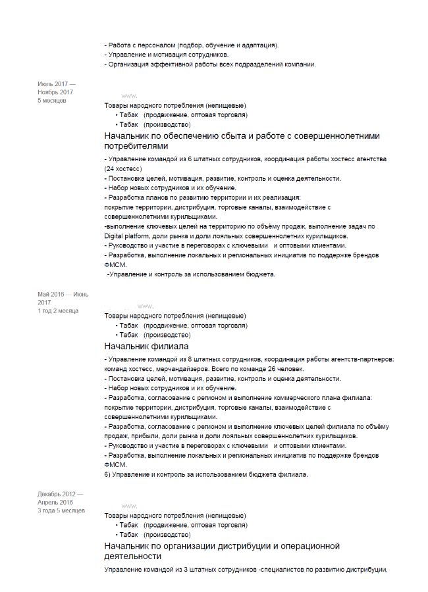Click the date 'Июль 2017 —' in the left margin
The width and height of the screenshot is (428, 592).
click(56, 84)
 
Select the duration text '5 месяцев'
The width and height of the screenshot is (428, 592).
click(51, 100)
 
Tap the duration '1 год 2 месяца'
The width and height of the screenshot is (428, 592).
click(58, 310)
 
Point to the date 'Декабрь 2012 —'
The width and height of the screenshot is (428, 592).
click(61, 495)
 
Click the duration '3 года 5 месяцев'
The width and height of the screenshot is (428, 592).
click(61, 510)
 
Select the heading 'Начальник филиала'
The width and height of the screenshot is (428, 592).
click(146, 346)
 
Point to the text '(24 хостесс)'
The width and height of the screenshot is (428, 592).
click(123, 168)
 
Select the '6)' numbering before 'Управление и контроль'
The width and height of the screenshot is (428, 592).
click(108, 474)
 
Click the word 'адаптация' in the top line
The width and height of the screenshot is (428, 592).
click(256, 45)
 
